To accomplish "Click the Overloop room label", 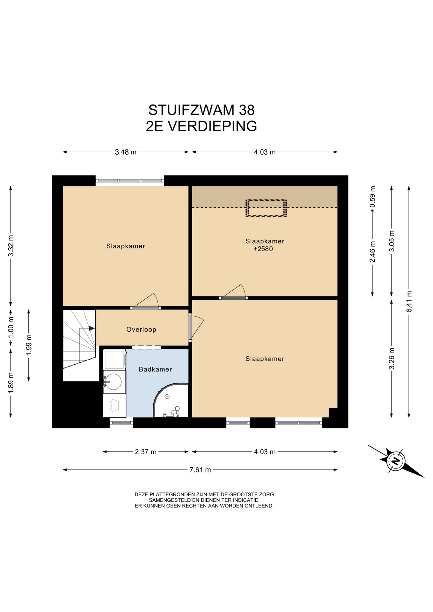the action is (x=141, y=329).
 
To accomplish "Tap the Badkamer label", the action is (x=155, y=369).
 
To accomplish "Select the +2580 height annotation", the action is (x=263, y=249).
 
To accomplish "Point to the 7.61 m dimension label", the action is (x=200, y=470).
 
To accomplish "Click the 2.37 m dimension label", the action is (x=146, y=452).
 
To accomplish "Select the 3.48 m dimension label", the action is (x=126, y=152).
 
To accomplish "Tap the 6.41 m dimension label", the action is (x=409, y=302).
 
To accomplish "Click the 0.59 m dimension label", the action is (x=372, y=197).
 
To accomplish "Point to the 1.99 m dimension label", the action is (x=29, y=345).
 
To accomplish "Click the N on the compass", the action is (x=396, y=461).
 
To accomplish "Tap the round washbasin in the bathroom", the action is (x=113, y=382).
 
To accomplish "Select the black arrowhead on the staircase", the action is (x=92, y=328).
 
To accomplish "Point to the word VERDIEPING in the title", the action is (x=212, y=126).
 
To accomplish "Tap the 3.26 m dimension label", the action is (x=392, y=358).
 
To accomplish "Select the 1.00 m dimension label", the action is (x=11, y=327).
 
